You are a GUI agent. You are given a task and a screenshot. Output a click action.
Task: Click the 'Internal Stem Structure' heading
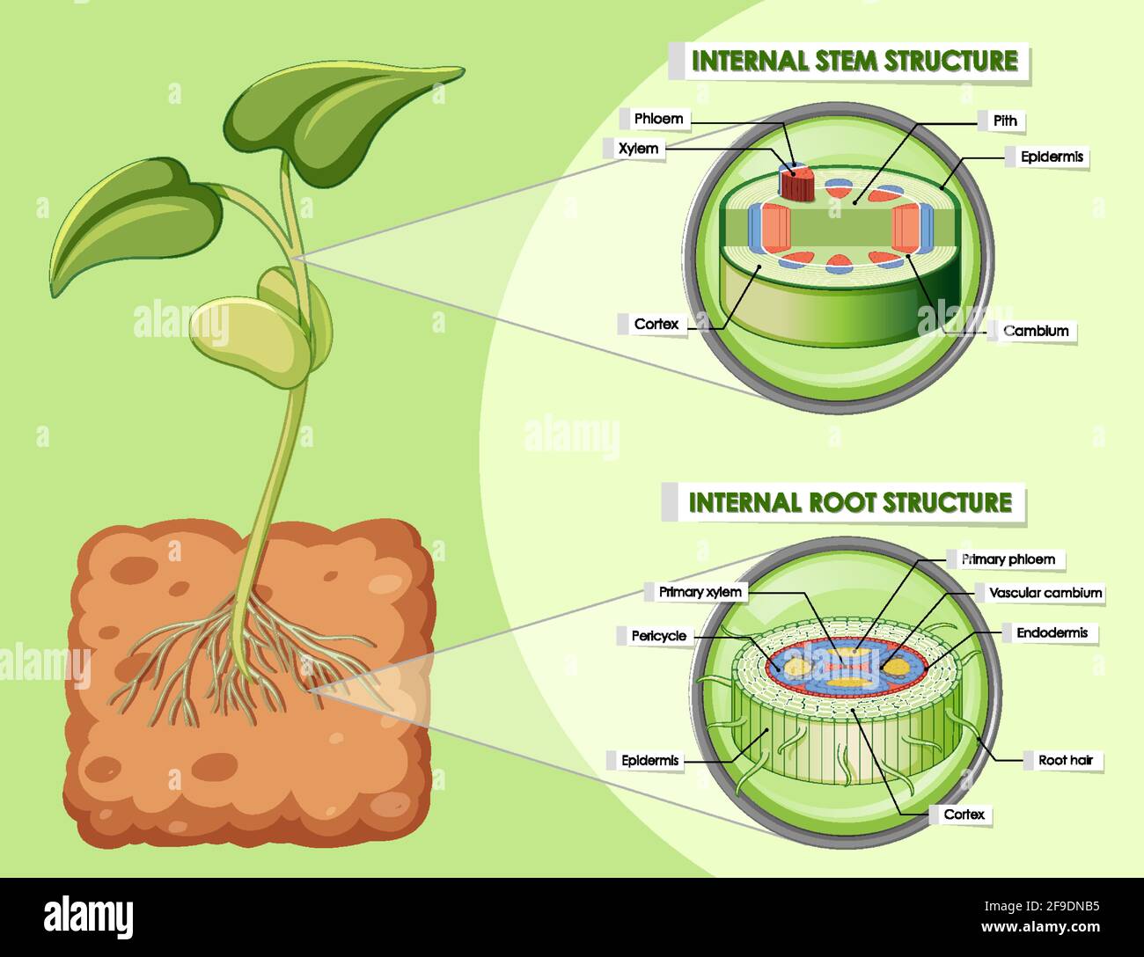(x=854, y=61)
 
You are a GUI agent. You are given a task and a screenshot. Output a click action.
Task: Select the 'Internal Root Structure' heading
(x=849, y=502)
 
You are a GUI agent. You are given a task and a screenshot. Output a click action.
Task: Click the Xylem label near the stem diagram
(x=638, y=149)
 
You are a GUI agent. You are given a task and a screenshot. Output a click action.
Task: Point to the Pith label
(x=1004, y=121)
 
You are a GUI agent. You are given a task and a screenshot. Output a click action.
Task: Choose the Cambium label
(x=1036, y=331)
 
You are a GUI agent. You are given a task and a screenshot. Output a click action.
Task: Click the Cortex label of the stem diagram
(x=656, y=324)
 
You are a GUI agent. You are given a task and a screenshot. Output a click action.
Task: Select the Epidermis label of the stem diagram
(x=1051, y=157)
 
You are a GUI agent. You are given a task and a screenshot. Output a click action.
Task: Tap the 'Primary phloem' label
(x=1008, y=559)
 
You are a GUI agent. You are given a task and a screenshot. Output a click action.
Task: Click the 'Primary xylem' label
(x=700, y=592)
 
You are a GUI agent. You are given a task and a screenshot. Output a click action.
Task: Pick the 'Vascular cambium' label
(x=1045, y=593)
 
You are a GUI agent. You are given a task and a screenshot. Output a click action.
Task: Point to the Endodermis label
(x=1052, y=632)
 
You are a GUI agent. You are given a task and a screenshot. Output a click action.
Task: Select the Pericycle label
(x=658, y=635)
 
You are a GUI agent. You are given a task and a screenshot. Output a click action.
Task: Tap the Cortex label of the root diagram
(x=964, y=815)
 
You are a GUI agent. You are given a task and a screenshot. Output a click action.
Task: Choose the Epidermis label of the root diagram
(x=650, y=760)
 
